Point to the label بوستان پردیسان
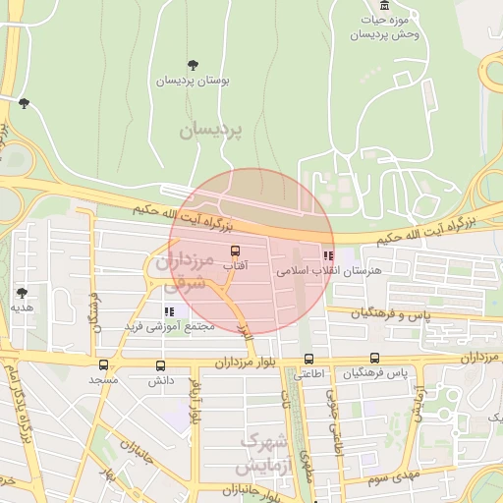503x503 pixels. click(192, 81)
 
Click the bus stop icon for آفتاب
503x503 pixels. click(234, 251)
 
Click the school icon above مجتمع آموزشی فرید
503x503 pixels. click(169, 311)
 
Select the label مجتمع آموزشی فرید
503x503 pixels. click(162, 325)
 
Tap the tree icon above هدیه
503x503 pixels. click(22, 292)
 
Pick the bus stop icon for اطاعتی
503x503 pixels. click(309, 359)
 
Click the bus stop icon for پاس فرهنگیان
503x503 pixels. click(374, 359)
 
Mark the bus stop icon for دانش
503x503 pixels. click(160, 364)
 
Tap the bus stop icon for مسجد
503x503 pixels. click(103, 364)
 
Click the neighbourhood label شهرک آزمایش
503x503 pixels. click(269, 452)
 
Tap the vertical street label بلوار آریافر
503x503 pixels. click(196, 402)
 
